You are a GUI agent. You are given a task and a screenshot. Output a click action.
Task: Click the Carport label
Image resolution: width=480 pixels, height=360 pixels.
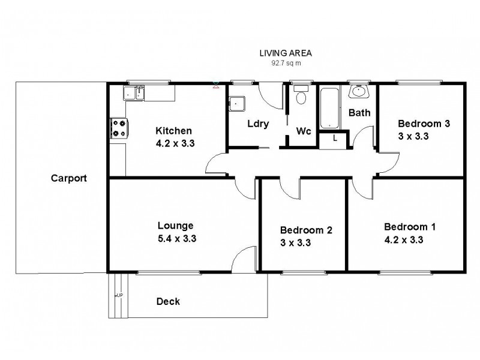pos(69,178)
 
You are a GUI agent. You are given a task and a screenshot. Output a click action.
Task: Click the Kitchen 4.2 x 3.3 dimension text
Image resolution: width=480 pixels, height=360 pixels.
pos(174,143)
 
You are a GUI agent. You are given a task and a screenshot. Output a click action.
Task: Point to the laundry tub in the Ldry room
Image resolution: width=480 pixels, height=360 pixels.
pos(237,103)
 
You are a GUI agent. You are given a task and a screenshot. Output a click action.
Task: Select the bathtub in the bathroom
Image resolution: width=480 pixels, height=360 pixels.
pos(329,108)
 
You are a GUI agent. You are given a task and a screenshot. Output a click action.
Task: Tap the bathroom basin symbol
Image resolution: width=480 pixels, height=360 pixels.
pos(359,92)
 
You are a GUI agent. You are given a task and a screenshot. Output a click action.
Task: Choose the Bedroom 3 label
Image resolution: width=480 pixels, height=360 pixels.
pos(424,124)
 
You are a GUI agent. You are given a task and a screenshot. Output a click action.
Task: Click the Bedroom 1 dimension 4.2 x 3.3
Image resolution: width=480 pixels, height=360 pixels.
pos(410,239)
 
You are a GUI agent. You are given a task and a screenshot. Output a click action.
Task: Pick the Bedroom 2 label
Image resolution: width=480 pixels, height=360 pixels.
pos(306,230)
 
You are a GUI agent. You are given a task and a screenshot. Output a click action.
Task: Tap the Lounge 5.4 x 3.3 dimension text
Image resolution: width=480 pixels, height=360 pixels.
pos(175,238)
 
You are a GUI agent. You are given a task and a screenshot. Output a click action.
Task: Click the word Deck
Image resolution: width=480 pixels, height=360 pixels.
pos(168,301)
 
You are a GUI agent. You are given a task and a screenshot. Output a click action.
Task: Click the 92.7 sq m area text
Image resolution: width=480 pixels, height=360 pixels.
pos(286,62)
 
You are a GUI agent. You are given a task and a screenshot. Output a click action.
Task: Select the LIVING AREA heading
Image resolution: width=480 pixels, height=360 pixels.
pos(286,53)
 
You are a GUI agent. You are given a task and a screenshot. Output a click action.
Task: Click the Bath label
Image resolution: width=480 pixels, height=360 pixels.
pos(359,112)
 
